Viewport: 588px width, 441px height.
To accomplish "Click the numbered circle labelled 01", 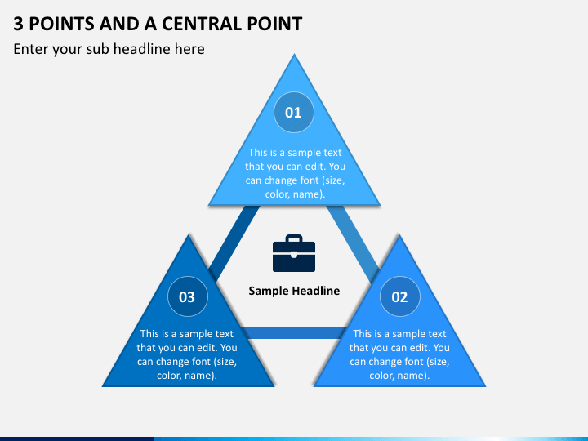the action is (294, 112).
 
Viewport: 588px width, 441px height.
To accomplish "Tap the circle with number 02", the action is (399, 296).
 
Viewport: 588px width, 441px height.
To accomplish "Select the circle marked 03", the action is (188, 296).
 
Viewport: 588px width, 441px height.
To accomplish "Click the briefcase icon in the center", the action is (294, 253).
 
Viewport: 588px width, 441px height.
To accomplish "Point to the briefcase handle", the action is (294, 238).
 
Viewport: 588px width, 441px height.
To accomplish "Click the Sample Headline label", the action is (294, 291).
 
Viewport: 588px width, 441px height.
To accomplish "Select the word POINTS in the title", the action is (61, 24).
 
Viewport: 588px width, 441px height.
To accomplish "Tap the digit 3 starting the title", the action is (18, 24).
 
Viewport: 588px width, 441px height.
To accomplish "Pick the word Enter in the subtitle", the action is (31, 49).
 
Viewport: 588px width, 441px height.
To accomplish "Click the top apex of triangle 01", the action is (294, 55).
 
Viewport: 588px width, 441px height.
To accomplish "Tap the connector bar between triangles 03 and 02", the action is (294, 332).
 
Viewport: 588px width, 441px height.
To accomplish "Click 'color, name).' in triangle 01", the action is (295, 194).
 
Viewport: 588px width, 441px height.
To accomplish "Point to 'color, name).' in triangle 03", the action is (187, 376).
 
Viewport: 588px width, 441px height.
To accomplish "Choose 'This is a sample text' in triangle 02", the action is (399, 334).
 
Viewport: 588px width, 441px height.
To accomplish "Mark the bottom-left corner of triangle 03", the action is (103, 385).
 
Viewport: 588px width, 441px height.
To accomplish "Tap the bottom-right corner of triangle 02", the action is (485, 385).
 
